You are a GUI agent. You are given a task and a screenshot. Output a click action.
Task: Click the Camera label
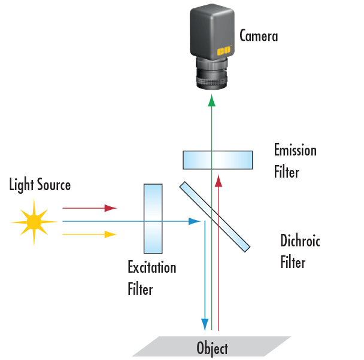pos(259,36)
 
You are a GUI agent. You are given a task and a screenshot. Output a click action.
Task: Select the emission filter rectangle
pos(217,160)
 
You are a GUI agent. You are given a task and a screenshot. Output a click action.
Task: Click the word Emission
pos(295,150)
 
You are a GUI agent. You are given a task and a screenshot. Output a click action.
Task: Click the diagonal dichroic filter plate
pos(215,216)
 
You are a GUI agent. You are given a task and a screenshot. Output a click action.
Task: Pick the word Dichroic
pos(300,242)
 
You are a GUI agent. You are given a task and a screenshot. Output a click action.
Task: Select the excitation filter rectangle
pos(153,218)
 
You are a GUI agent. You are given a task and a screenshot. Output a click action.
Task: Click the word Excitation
pos(152,267)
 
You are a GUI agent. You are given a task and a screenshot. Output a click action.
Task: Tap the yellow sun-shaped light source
pos(34,222)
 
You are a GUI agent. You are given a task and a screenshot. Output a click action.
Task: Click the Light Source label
pos(40,185)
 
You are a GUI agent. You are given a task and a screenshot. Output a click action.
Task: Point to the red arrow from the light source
pos(90,208)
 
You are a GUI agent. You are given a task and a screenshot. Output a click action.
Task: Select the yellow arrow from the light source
pos(90,234)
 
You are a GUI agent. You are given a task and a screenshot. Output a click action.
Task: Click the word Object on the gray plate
pos(212,347)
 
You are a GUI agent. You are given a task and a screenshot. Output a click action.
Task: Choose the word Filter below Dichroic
pos(293,263)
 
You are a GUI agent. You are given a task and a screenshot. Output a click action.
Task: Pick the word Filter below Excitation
pos(140,289)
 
